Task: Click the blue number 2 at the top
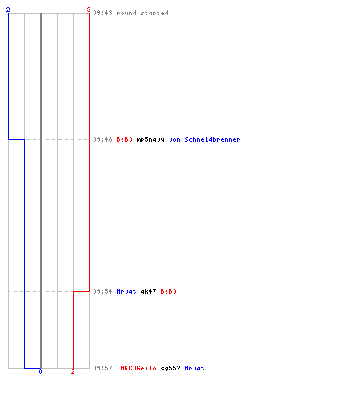(x=8, y=10)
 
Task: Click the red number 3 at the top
(x=89, y=10)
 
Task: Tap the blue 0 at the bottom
(x=40, y=371)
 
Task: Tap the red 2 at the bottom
(x=73, y=371)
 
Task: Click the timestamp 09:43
(x=102, y=13)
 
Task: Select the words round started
(x=142, y=13)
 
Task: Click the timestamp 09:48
(x=102, y=139)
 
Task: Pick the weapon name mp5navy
(x=150, y=139)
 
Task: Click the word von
(x=174, y=139)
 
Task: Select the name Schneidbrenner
(x=212, y=139)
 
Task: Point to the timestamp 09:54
(x=102, y=291)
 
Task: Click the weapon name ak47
(x=148, y=291)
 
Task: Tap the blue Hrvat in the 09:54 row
(x=126, y=291)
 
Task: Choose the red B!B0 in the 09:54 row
(x=168, y=291)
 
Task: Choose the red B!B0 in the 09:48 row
(x=124, y=139)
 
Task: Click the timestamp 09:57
(x=102, y=368)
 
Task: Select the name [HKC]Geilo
(x=137, y=368)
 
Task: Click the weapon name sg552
(x=170, y=368)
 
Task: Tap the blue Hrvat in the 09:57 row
(x=194, y=368)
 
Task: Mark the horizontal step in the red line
(x=81, y=291)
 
